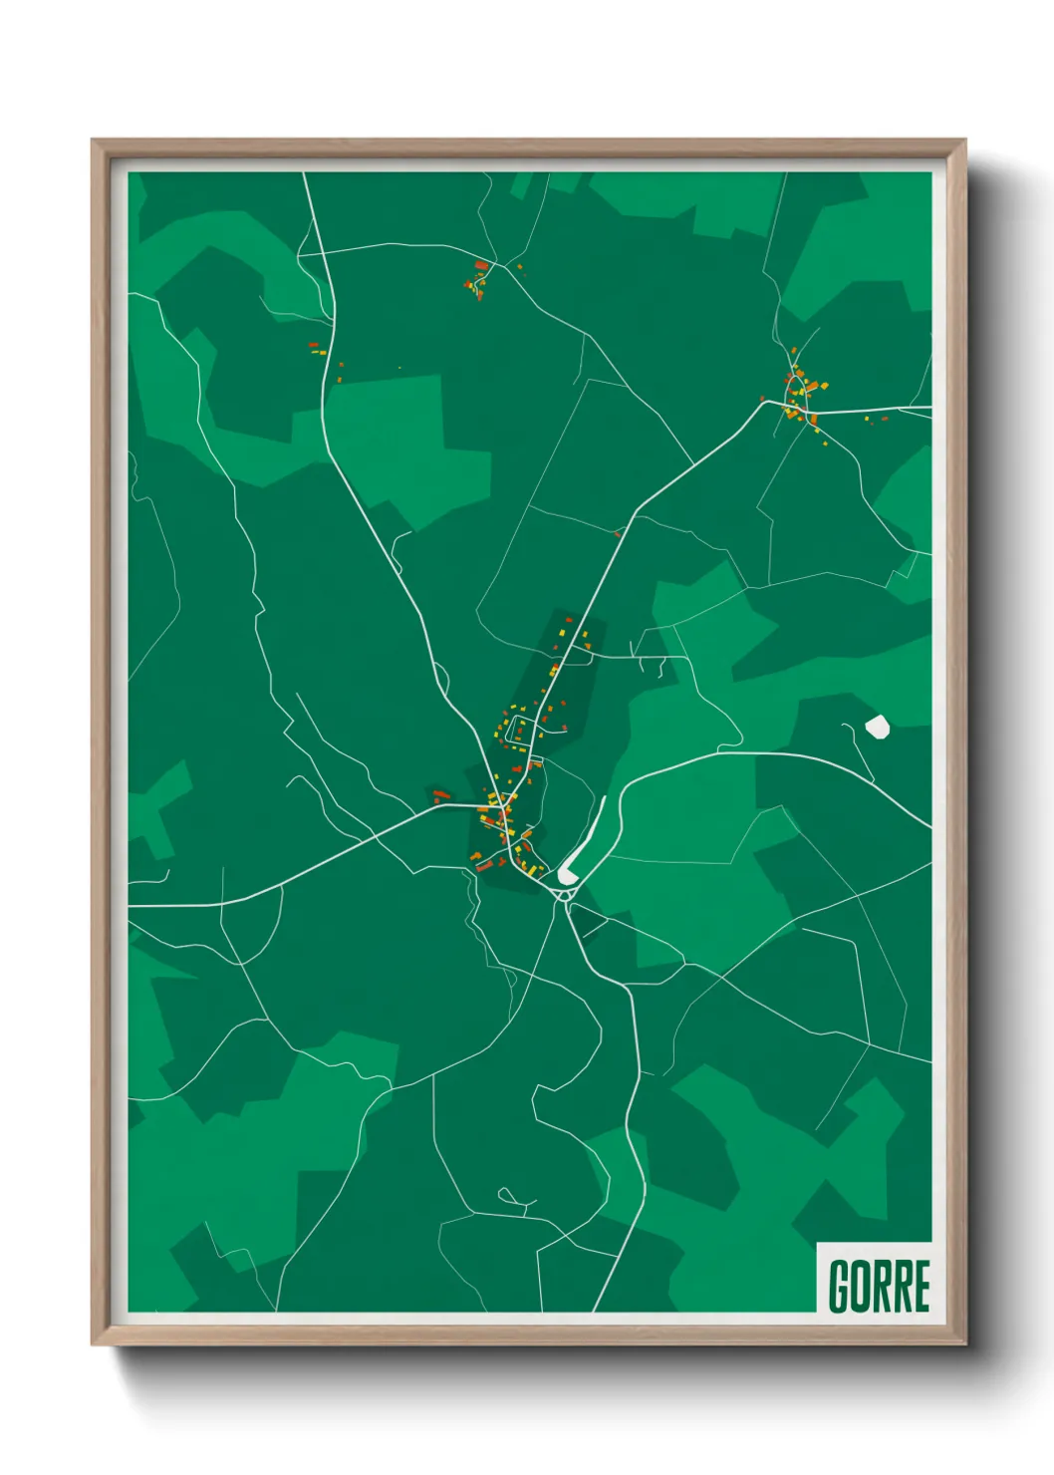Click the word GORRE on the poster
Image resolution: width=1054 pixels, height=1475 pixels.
click(879, 1286)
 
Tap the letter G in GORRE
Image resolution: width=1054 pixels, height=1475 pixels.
click(839, 1286)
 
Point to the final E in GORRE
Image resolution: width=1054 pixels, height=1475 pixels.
click(922, 1286)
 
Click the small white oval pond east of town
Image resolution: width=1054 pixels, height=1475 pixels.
click(877, 727)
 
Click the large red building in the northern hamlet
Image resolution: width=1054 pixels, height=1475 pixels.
click(482, 265)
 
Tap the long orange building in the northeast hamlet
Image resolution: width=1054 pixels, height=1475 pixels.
click(812, 387)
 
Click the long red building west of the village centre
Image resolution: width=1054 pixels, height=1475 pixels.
click(441, 794)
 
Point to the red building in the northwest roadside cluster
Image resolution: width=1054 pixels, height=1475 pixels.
click(313, 345)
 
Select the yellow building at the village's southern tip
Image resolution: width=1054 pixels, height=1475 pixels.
click(532, 870)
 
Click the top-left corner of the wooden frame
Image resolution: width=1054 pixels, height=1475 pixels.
click(93, 141)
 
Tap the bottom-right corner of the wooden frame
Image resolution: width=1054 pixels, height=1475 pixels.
click(964, 1344)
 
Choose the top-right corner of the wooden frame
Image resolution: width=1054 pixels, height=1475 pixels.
click(964, 141)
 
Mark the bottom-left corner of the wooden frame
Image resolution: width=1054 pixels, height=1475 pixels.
click(93, 1344)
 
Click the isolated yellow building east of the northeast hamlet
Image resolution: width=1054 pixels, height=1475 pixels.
click(866, 417)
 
